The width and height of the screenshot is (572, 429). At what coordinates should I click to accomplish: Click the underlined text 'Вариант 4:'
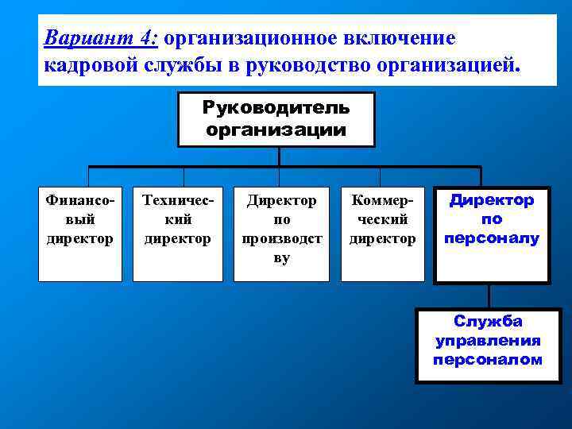pyautogui.click(x=101, y=38)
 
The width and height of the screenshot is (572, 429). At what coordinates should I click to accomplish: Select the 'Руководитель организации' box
pyautogui.click(x=276, y=119)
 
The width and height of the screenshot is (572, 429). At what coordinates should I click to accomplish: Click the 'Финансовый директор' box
pyautogui.click(x=80, y=234)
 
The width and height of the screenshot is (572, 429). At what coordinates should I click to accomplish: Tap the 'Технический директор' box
pyautogui.click(x=178, y=234)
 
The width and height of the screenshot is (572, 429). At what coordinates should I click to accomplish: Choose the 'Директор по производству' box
pyautogui.click(x=281, y=234)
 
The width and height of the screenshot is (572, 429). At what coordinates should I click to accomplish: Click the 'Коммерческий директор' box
pyautogui.click(x=383, y=234)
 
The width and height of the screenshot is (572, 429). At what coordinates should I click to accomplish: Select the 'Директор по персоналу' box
pyautogui.click(x=491, y=235)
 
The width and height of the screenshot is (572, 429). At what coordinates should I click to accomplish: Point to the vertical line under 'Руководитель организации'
pyautogui.click(x=279, y=157)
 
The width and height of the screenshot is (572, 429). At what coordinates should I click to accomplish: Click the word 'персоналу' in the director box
pyautogui.click(x=491, y=238)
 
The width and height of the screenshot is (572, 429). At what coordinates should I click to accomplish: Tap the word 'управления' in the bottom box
pyautogui.click(x=488, y=341)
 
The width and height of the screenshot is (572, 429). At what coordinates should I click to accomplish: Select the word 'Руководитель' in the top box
pyautogui.click(x=276, y=107)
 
